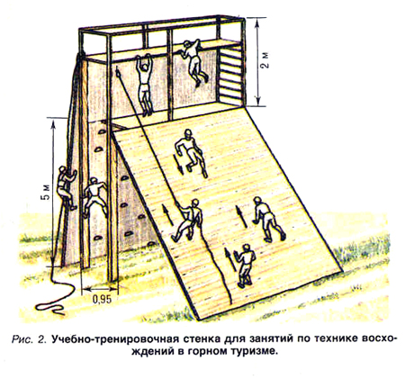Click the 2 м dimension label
click(x=265, y=61)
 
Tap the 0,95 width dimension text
click(x=102, y=299)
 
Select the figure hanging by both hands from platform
click(x=145, y=85)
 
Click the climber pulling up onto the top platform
click(x=193, y=61)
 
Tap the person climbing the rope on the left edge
click(x=67, y=187)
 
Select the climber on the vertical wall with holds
click(x=94, y=197)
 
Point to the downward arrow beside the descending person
click(x=179, y=165)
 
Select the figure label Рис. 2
click(x=30, y=339)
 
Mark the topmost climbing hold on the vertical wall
click(x=103, y=131)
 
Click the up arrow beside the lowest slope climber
click(x=229, y=259)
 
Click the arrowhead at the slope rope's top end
click(x=118, y=72)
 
